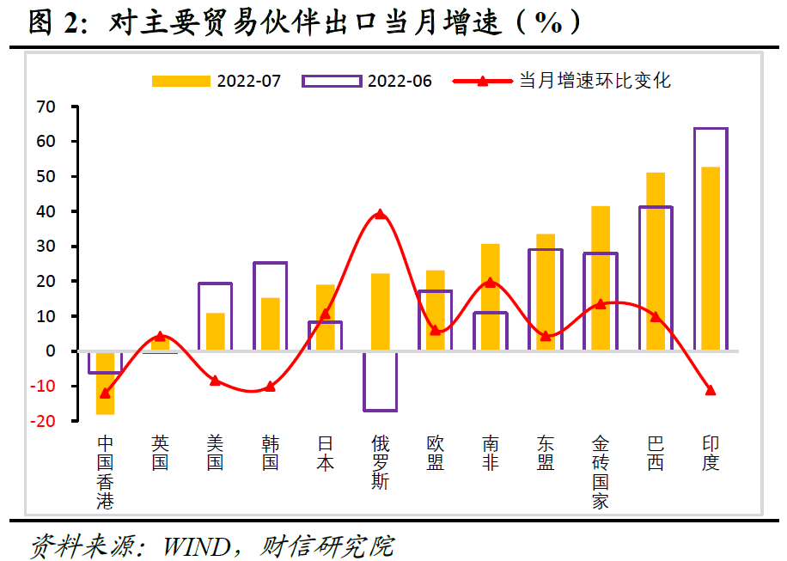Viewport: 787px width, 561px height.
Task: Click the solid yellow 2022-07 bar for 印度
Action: (711, 258)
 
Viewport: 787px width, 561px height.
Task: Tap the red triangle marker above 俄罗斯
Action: (380, 214)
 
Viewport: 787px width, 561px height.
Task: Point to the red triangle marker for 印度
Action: (711, 390)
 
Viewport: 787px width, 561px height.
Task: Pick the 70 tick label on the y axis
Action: (45, 107)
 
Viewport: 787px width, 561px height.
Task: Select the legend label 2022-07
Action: (249, 81)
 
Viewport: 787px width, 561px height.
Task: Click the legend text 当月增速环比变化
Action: (595, 81)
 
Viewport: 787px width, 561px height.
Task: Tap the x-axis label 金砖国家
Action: (601, 472)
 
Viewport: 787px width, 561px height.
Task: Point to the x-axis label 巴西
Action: (656, 453)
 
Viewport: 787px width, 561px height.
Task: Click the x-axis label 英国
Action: (160, 453)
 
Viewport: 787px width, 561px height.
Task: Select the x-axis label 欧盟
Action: (436, 453)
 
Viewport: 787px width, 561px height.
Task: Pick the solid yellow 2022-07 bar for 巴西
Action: (656, 261)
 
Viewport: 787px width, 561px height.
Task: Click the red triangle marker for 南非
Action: (491, 282)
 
